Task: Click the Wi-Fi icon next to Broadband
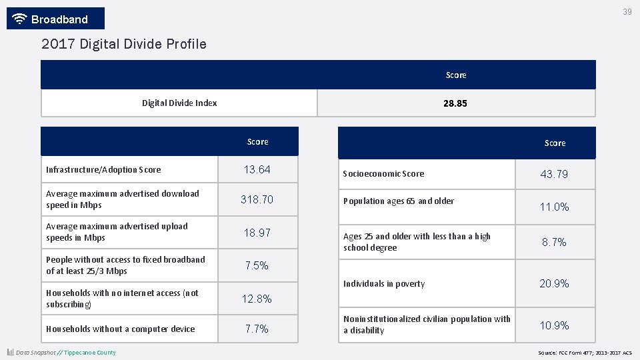[20, 19]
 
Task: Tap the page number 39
[627, 12]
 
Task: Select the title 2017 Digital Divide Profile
[124, 45]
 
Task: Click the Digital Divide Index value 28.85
[455, 103]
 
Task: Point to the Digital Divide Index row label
[179, 103]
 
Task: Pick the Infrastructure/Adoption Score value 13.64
[257, 170]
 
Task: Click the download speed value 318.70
[257, 199]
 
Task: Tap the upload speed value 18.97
[257, 233]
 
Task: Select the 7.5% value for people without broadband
[257, 265]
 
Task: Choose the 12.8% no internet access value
[257, 299]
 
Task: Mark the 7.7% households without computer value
[257, 329]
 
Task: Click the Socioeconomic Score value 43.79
[554, 174]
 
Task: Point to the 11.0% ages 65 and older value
[554, 207]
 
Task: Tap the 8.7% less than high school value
[554, 243]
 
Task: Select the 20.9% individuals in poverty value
[554, 283]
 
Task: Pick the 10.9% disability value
[554, 325]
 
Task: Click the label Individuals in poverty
[384, 284]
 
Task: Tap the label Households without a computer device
[121, 329]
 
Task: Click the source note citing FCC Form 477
[585, 353]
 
